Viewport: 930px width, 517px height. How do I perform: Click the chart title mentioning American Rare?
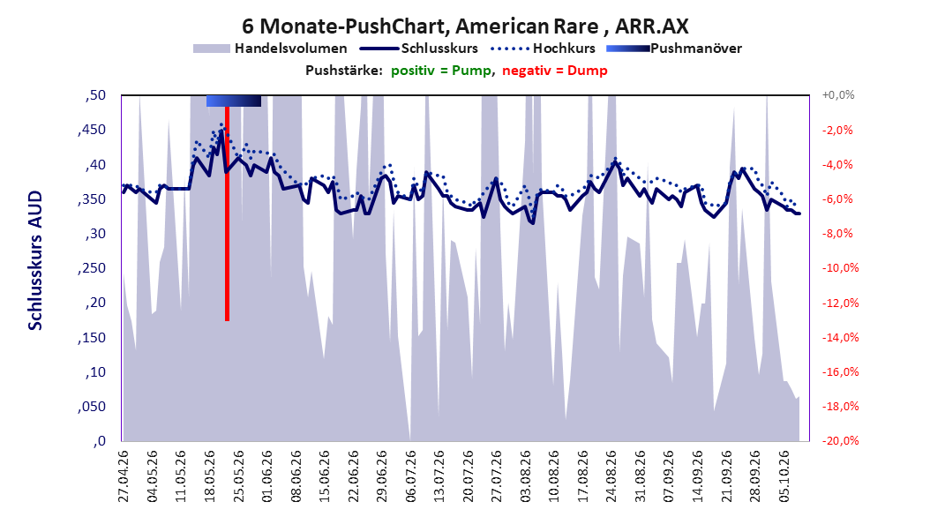465,26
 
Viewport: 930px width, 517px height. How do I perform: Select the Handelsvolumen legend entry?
270,49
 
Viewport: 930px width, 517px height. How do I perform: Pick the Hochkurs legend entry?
543,49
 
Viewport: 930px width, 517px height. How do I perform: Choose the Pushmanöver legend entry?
674,49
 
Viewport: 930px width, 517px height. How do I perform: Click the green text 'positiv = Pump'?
440,71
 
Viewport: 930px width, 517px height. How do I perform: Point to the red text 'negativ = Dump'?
555,71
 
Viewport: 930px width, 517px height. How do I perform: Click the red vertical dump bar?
227,214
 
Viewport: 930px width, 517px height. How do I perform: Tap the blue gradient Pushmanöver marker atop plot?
234,101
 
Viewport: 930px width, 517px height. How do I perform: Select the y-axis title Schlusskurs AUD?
35,260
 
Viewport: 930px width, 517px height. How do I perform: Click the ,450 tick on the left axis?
92,130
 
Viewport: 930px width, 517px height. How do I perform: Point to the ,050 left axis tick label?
92,407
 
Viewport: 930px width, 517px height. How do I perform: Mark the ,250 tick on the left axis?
92,268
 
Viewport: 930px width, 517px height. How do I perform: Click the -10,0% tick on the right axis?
840,268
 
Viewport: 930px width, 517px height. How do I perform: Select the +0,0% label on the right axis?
838,95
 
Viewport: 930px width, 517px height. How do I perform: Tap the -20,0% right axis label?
840,441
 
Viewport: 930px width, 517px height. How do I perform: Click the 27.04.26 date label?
124,476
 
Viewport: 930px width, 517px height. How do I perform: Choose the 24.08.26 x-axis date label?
611,476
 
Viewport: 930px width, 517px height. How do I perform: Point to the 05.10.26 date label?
784,476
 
